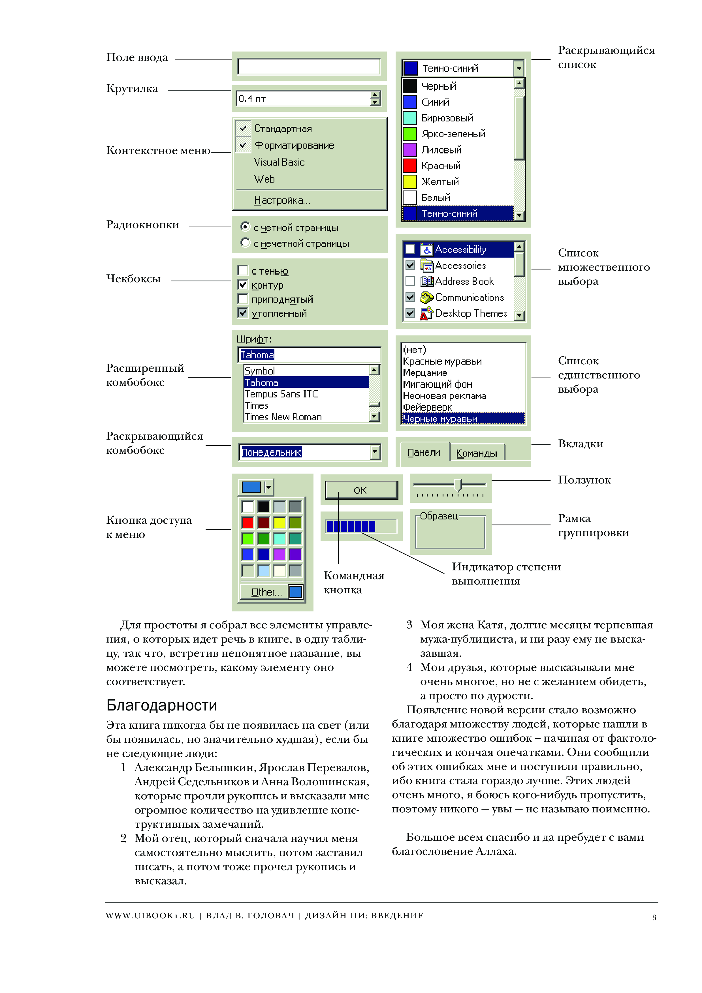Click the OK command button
pos(361,490)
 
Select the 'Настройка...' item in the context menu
pos(281,200)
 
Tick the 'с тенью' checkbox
pos(243,271)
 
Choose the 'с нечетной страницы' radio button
pos(245,243)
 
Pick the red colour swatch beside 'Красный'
pos(409,166)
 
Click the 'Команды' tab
pos(476,453)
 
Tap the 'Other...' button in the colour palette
pos(266,592)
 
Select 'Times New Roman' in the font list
pos(283,417)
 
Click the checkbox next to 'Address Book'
pos(410,282)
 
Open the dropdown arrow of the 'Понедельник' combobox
pos(375,452)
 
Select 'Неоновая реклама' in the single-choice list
pos(444,396)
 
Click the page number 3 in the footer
pos(654,917)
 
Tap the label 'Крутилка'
pos(132,89)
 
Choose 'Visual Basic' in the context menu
pos(279,162)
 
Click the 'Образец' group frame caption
pos(439,516)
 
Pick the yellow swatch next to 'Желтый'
pos(409,182)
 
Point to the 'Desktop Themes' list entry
pos(471,313)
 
